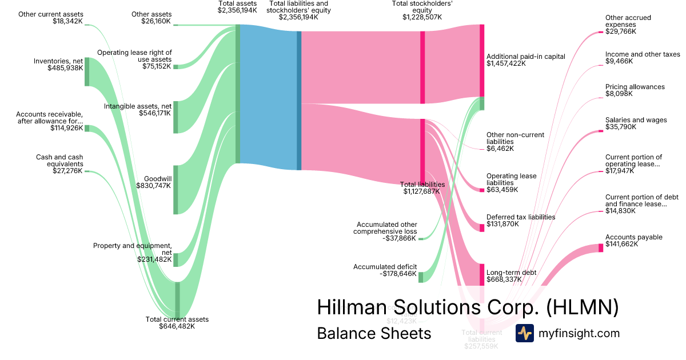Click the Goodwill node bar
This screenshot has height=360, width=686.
click(176, 190)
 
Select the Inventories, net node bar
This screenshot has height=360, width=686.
click(87, 71)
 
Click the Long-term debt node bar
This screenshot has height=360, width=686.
click(482, 275)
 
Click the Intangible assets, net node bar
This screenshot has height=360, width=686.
click(176, 117)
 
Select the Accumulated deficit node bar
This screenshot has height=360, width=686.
click(421, 277)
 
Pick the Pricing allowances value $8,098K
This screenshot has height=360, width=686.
click(617, 94)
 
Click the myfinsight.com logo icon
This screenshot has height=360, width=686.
click(524, 333)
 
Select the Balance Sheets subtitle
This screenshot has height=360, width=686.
click(374, 334)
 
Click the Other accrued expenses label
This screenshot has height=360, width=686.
click(628, 21)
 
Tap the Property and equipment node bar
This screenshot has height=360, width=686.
click(176, 259)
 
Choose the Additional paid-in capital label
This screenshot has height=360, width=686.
click(525, 57)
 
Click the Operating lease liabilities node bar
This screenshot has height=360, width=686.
click(482, 190)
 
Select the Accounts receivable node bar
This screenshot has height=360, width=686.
click(87, 129)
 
